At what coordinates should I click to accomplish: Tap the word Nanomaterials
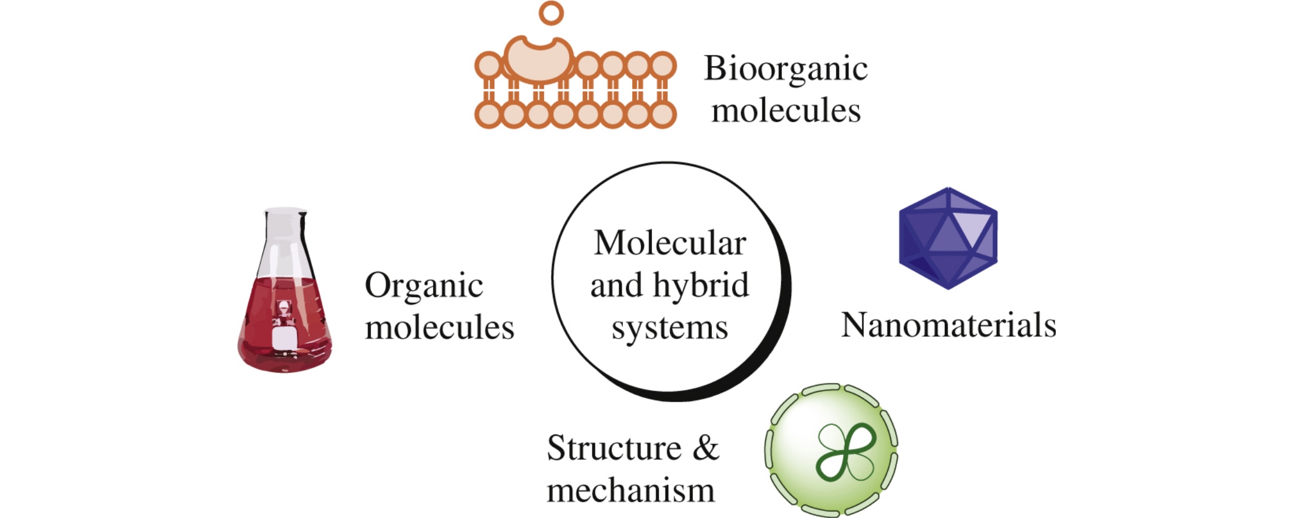(948, 325)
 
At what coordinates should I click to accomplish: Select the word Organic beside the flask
(424, 286)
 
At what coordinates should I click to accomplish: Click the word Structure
(613, 448)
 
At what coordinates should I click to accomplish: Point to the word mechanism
(630, 490)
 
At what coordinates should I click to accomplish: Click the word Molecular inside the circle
(670, 243)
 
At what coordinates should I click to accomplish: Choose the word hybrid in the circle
(701, 285)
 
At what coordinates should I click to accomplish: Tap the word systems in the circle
(670, 327)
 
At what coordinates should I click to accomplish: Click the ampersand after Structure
(706, 448)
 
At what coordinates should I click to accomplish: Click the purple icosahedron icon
(948, 238)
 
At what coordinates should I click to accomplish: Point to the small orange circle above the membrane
(551, 12)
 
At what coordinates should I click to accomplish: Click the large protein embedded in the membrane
(539, 60)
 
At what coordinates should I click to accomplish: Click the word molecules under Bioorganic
(785, 111)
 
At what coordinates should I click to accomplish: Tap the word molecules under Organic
(439, 327)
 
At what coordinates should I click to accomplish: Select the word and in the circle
(616, 285)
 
